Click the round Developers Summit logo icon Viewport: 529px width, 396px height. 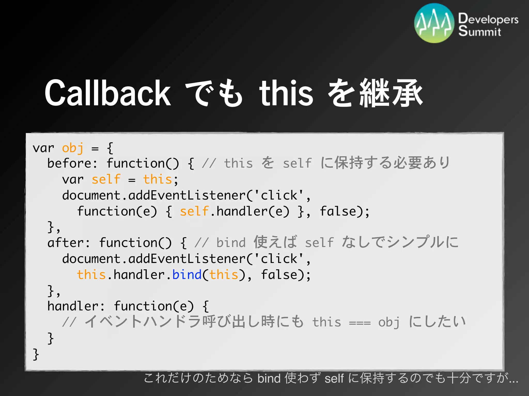434,23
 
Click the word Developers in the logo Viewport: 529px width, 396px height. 488,19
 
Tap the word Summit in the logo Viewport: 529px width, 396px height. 479,31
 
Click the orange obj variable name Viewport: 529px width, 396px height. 73,148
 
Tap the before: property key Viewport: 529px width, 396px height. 72,163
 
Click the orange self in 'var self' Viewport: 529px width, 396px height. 106,179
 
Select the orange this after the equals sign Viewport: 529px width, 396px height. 157,179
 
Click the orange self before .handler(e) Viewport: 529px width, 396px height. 194,211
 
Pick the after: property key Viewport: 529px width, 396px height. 68,243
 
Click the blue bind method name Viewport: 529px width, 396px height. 187,275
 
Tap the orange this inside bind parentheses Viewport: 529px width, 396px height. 224,275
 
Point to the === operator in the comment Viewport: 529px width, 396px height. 360,323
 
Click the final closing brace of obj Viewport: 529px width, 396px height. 36,354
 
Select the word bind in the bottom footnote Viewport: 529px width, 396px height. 269,378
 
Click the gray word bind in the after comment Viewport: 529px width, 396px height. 231,243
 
